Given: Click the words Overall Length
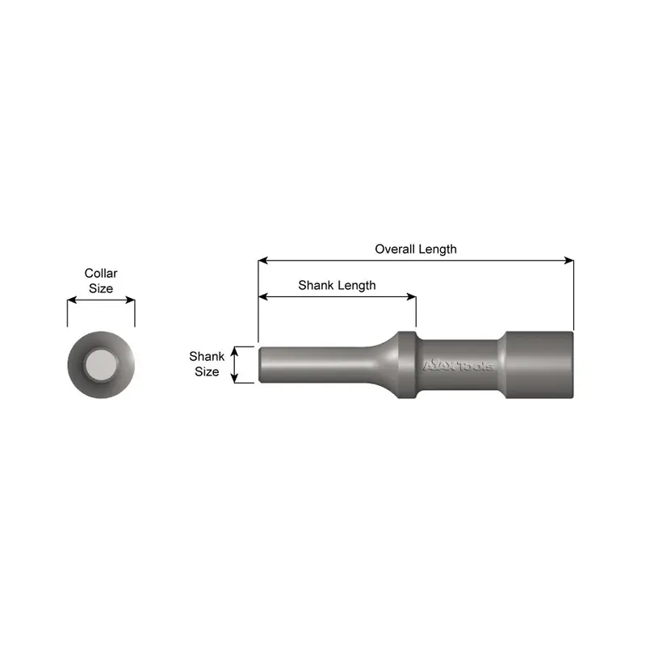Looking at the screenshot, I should tap(415, 249).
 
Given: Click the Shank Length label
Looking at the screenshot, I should tap(337, 285).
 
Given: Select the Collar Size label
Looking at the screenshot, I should tap(101, 281).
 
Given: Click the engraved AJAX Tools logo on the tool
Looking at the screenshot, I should tap(458, 365).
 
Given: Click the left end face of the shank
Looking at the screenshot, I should tap(260, 365).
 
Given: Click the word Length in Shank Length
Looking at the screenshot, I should tap(356, 285).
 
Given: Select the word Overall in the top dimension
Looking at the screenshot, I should tap(395, 249).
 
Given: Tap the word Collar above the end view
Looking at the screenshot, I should tap(101, 274).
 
